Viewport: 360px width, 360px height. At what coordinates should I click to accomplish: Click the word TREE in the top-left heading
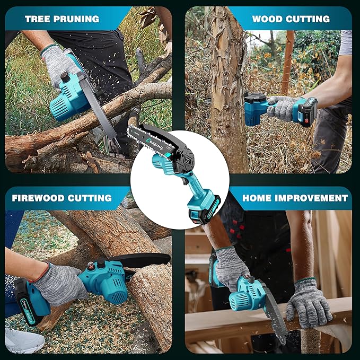(x=38, y=19)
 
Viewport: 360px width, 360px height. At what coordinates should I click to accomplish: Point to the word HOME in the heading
(x=258, y=198)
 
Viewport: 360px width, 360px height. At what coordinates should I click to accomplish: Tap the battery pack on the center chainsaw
(x=198, y=209)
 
